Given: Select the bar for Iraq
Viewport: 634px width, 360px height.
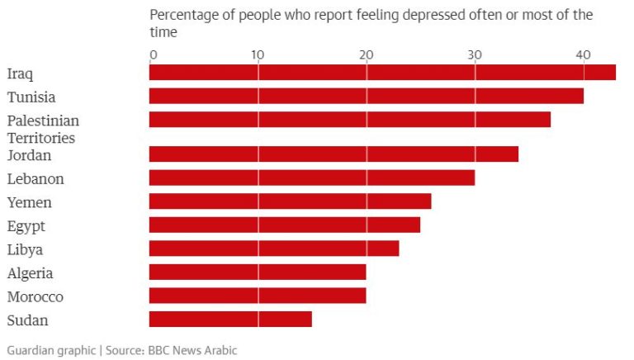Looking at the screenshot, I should pos(382,73).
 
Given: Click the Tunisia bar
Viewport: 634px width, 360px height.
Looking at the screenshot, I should pos(367,96).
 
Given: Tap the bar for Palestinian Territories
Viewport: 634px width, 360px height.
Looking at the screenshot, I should pos(350,120).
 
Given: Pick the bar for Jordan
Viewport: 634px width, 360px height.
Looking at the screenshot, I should pos(334,154).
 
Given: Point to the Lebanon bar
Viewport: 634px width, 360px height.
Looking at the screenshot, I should pos(312,178).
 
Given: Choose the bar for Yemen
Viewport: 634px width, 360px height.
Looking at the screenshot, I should pos(290,201).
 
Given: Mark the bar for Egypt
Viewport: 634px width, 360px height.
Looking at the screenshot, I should pos(285,225).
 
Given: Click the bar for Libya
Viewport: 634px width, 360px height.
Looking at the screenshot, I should pos(274,249).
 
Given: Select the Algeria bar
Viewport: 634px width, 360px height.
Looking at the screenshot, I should pos(258,272).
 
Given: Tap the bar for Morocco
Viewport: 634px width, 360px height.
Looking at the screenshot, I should pos(258,296).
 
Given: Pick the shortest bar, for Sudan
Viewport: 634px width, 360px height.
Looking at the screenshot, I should pos(230,319).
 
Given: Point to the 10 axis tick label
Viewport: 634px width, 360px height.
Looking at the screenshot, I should pos(258,55).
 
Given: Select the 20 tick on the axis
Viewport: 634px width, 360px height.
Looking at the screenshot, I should pos(366,55).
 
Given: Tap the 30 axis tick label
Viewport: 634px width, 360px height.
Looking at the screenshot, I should pos(475,55).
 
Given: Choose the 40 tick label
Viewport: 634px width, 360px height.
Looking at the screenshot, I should pos(583,55).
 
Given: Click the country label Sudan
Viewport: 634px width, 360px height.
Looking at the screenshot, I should pos(27,320).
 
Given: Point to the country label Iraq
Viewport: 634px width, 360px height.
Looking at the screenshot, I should pos(20,74).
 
